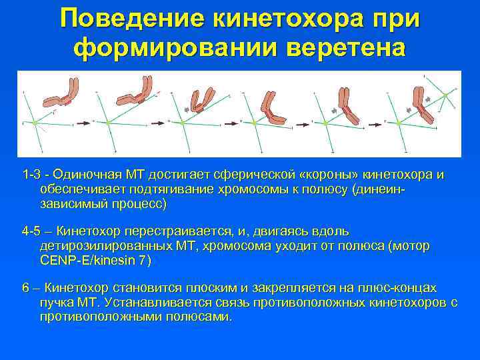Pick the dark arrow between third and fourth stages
[231, 123]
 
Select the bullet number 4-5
[31, 231]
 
